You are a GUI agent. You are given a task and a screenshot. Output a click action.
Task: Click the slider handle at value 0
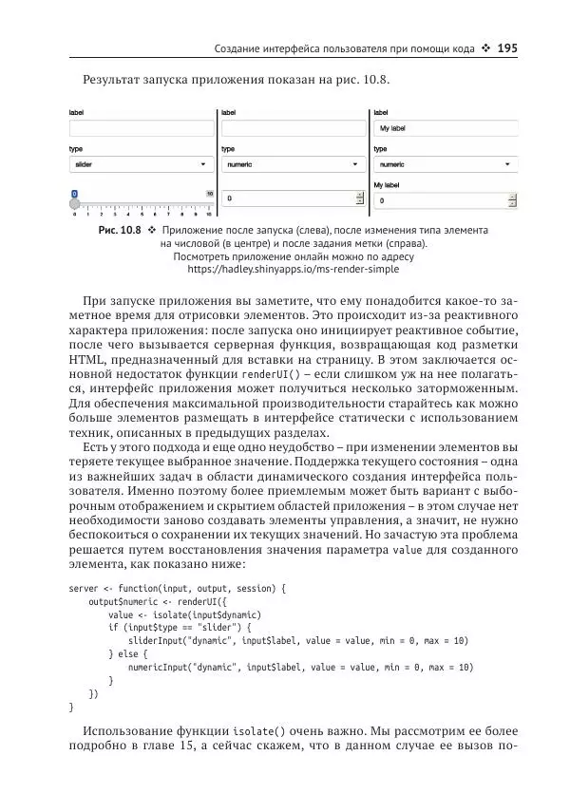74,202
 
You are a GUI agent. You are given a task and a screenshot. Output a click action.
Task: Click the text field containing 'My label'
445,127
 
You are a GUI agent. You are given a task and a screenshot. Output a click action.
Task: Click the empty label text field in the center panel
293,127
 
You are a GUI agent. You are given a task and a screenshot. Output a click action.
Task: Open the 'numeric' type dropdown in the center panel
293,164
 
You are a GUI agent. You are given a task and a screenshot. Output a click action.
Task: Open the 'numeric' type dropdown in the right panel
445,164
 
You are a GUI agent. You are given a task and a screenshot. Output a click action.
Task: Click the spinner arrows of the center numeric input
359,199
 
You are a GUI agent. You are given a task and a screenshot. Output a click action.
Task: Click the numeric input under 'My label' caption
439,201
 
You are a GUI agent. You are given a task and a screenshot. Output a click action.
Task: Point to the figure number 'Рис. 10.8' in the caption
120,231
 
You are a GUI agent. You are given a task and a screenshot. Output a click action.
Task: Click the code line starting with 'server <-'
177,589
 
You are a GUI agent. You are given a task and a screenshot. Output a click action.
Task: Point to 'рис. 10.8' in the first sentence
358,80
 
